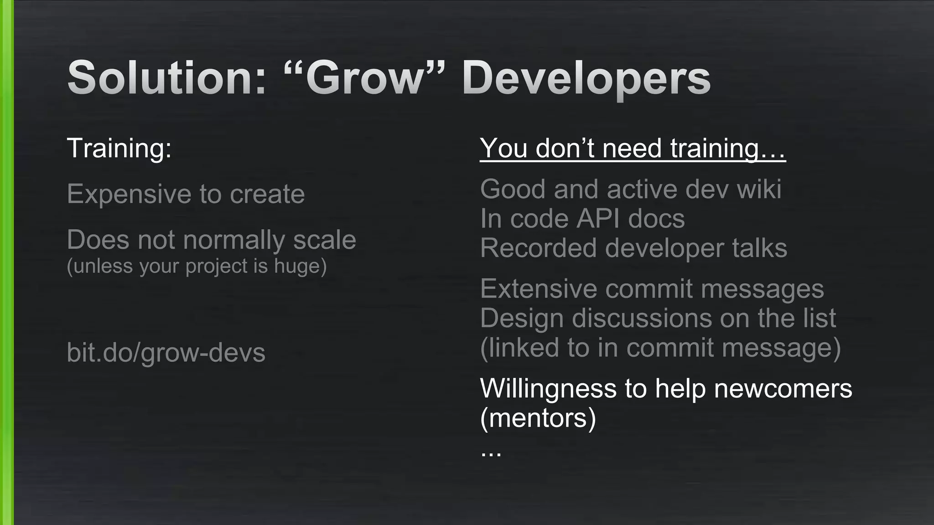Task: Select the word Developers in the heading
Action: pyautogui.click(x=586, y=78)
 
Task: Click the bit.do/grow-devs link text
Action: pyautogui.click(x=166, y=353)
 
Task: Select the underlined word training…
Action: pyautogui.click(x=728, y=149)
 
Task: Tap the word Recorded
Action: pyautogui.click(x=538, y=248)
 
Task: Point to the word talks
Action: pyautogui.click(x=759, y=248)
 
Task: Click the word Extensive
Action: pyautogui.click(x=538, y=289)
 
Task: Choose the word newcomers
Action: pyautogui.click(x=783, y=389)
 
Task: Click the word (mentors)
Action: pyautogui.click(x=538, y=418)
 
